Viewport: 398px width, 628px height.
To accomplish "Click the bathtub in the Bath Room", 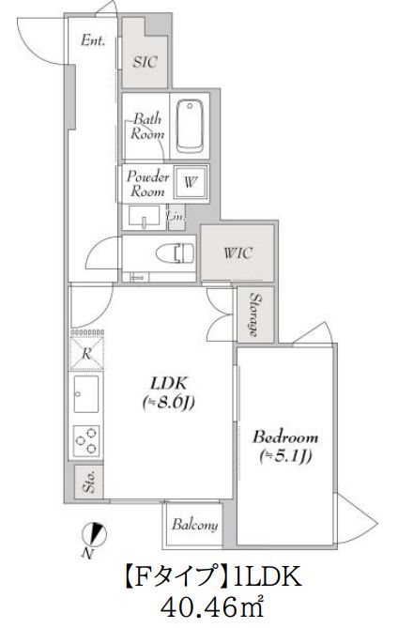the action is [190, 126].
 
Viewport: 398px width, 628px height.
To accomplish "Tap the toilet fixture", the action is [175, 253].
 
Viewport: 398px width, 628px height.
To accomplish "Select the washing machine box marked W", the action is [191, 182].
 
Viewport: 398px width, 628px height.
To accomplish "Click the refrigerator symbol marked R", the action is [87, 353].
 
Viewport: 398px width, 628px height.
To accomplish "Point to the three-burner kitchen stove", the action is [86, 440].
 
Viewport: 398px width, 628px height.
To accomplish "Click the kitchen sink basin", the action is [85, 393].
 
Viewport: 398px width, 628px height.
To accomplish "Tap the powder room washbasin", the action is [144, 217].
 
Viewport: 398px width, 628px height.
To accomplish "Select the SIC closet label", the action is [145, 62].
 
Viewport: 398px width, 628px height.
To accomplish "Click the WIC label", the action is [237, 253].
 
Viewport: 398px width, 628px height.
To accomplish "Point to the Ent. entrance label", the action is [93, 40].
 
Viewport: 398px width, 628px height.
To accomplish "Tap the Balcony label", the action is [195, 525].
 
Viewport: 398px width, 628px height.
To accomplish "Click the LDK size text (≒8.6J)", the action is [169, 403].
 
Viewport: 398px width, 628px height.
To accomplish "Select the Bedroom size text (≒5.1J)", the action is [285, 456].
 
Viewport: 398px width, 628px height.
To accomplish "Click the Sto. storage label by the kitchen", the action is [89, 482].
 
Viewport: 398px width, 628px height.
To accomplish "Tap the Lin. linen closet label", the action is [176, 217].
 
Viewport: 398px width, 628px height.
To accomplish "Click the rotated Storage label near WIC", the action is [254, 314].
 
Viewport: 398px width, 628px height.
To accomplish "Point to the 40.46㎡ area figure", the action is [212, 607].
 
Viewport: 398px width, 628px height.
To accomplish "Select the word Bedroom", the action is [285, 437].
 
